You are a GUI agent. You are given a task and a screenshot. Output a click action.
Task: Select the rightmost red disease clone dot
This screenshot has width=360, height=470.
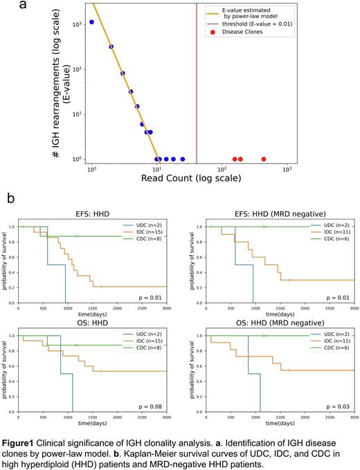264,159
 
